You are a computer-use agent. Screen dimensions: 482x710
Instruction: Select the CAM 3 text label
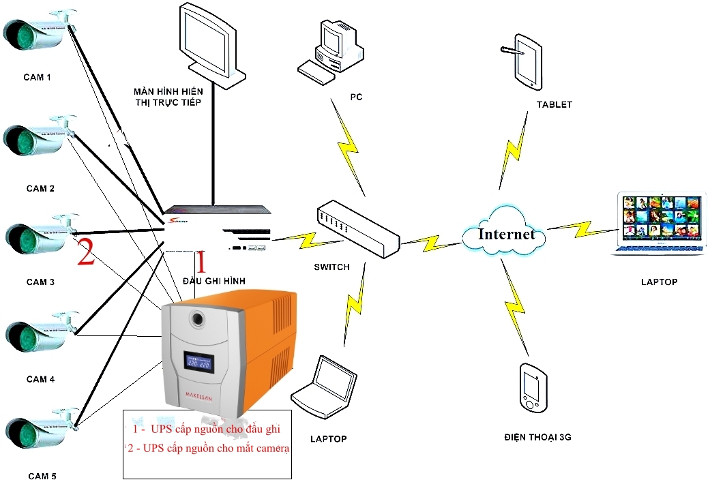[40, 282]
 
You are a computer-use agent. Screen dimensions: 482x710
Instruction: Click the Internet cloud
[505, 234]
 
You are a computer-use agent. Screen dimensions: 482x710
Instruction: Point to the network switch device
[359, 228]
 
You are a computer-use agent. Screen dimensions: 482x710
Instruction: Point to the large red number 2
[85, 252]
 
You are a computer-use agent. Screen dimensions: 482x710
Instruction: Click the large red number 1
[201, 262]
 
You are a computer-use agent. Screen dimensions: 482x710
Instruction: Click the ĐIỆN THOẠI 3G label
[537, 437]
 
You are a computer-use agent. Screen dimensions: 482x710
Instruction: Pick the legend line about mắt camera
[208, 449]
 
